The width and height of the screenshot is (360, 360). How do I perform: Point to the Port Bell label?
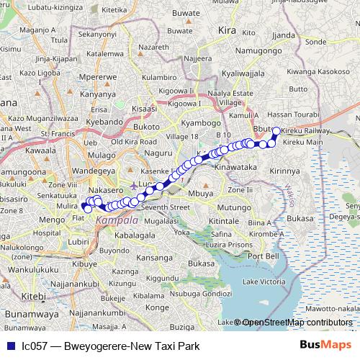pyautogui.click(x=262, y=256)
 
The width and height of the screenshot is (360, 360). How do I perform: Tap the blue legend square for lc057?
pyautogui.click(x=9, y=346)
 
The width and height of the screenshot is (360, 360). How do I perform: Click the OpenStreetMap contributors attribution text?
pyautogui.click(x=297, y=322)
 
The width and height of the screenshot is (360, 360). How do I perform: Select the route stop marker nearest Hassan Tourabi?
pyautogui.click(x=276, y=131)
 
